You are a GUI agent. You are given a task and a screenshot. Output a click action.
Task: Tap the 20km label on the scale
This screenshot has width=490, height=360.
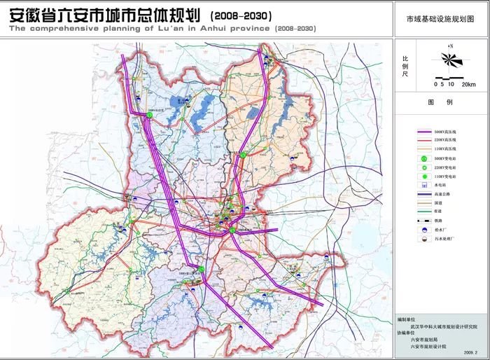point(468,84)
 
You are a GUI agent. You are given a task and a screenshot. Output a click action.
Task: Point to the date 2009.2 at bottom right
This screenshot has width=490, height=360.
point(470,352)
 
